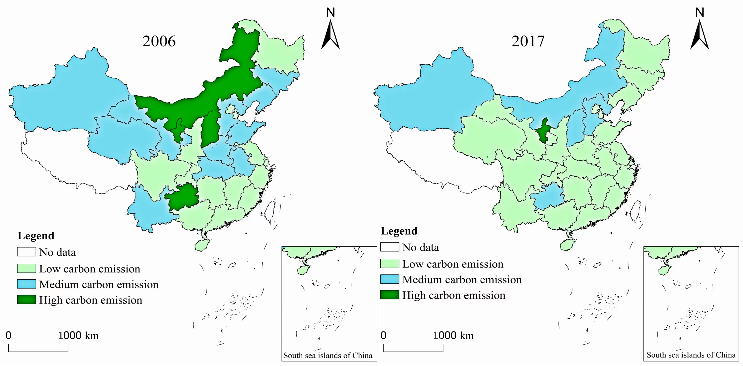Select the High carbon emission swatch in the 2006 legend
click(26, 300)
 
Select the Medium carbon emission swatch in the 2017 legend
click(390, 279)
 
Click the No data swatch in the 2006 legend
click(26, 252)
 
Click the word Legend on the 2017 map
click(399, 231)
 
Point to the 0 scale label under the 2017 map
click(383, 335)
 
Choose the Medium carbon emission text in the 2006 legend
click(99, 284)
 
